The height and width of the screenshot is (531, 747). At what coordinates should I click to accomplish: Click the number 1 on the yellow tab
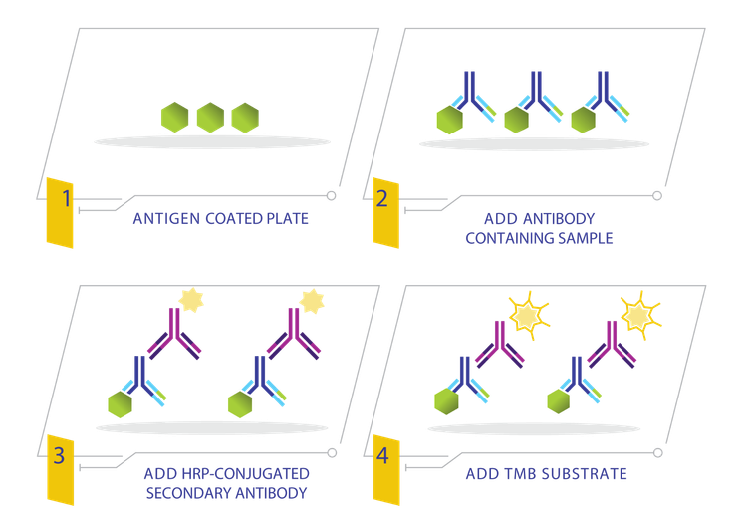(x=66, y=198)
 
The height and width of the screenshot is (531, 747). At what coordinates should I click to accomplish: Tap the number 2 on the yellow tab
(x=382, y=199)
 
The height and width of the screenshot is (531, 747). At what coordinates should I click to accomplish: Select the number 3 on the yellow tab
(x=59, y=455)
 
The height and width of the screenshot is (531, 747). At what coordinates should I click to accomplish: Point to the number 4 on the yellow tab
(x=382, y=455)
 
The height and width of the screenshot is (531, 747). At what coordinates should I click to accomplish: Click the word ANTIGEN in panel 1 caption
(x=166, y=219)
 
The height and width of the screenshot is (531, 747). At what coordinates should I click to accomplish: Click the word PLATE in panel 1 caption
(x=287, y=219)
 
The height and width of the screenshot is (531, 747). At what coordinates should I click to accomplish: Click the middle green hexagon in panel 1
(x=210, y=118)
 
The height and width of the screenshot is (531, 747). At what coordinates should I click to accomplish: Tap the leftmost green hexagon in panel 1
(x=175, y=118)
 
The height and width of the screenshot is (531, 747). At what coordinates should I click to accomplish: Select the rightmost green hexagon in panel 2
(x=583, y=120)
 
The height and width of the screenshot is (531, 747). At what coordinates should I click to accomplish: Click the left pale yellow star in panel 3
(x=191, y=300)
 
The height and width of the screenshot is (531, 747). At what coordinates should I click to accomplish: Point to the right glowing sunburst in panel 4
(x=640, y=315)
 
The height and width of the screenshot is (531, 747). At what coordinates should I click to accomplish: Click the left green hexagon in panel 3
(x=121, y=404)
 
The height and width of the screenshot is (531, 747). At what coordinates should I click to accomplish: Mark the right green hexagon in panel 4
(x=559, y=401)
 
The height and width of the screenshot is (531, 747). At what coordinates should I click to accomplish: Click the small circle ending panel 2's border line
(x=657, y=196)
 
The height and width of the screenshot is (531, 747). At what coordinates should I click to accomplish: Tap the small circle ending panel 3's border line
(x=332, y=453)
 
